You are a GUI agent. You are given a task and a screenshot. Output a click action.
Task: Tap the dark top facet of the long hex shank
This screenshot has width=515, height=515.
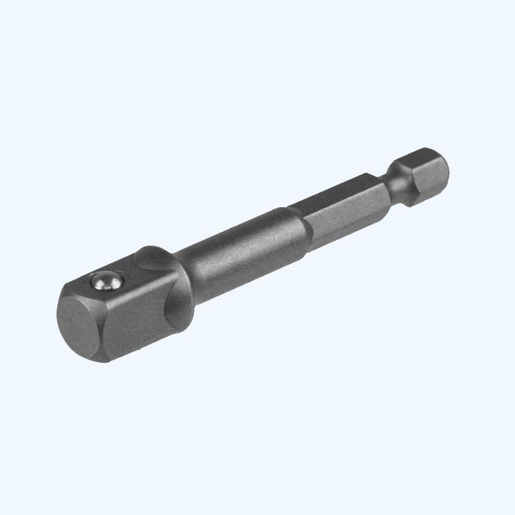pos(332,192)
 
